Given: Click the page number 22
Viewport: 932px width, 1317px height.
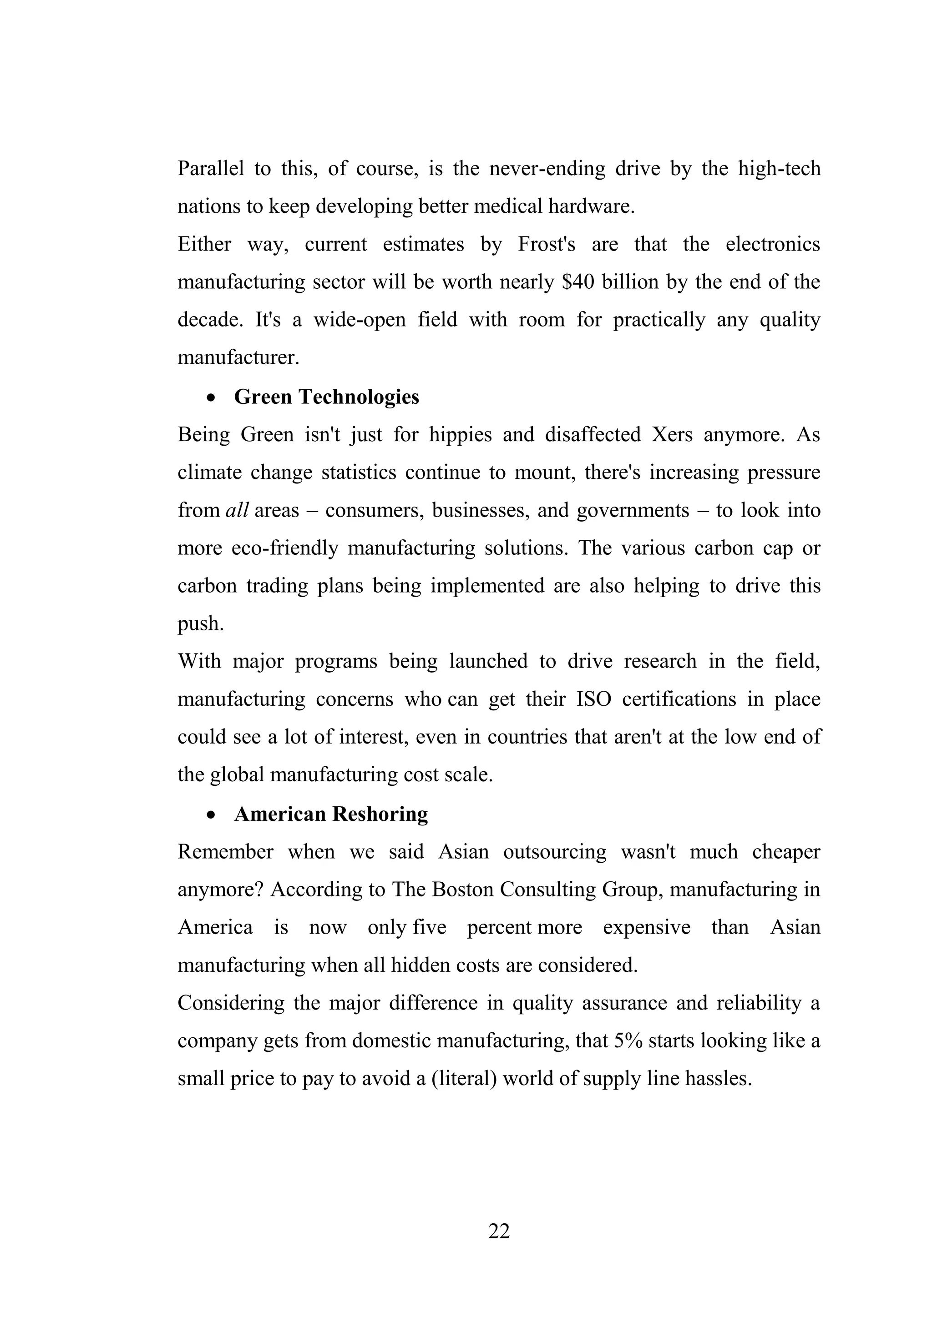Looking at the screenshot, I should [499, 1231].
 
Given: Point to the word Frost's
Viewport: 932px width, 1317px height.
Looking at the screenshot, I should [546, 244].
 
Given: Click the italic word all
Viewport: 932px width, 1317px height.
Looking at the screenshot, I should [237, 510].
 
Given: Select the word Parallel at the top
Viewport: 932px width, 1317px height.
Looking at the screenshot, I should [211, 169].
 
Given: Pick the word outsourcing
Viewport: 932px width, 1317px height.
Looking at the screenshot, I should [554, 852].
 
